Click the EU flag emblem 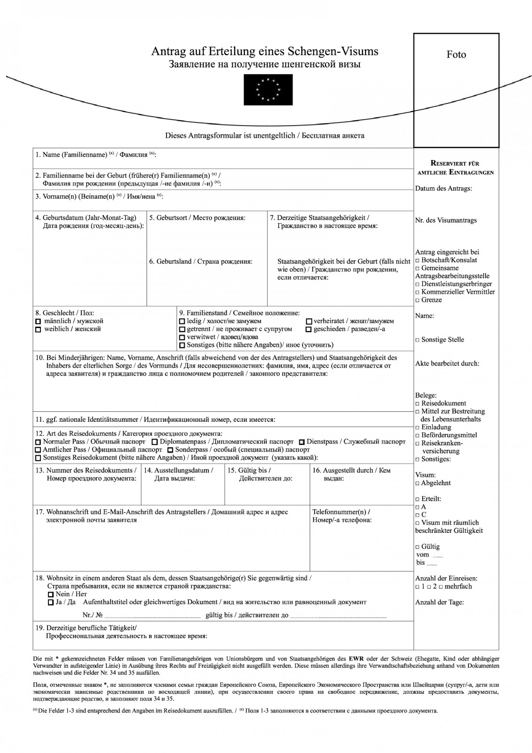[268, 90]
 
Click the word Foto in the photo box [456, 55]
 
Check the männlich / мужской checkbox [39, 321]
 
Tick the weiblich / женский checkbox [39, 329]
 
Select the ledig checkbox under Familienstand [183, 321]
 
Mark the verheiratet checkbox [309, 321]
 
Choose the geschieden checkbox [309, 329]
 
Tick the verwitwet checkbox [183, 337]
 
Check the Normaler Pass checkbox [39, 442]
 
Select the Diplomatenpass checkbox [155, 442]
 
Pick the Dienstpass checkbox [302, 442]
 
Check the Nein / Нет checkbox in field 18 [51, 594]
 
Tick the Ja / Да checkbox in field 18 [51, 602]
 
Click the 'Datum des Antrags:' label [443, 189]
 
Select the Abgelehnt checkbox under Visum [418, 483]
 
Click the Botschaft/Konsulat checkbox [418, 260]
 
